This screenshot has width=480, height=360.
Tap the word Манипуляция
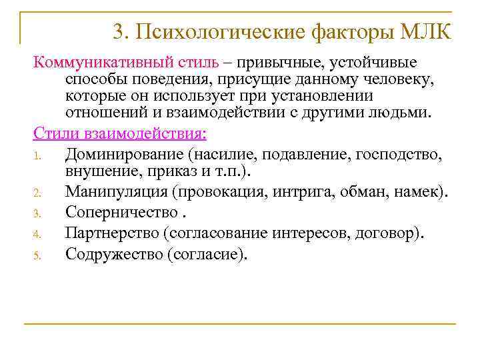[x=117, y=193]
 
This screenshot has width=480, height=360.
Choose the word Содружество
[x=113, y=253]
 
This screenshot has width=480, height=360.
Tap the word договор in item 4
[x=389, y=233]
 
